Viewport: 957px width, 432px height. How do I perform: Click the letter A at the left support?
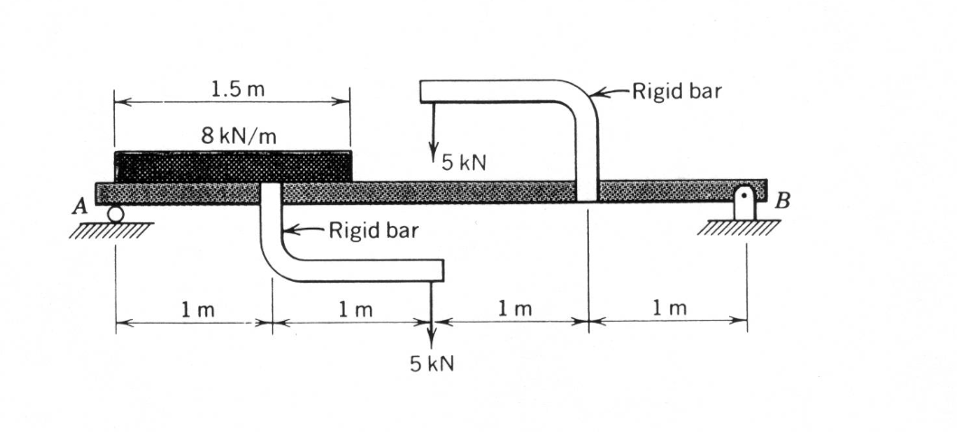tap(79, 207)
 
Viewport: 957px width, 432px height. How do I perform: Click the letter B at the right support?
tap(782, 201)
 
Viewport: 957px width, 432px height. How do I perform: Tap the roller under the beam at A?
tap(115, 213)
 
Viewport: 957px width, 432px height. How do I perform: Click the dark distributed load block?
tap(232, 166)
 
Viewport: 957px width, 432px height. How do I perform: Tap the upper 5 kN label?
tap(464, 163)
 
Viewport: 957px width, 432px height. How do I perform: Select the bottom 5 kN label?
tap(431, 363)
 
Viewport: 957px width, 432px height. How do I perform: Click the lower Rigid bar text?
tap(374, 231)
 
